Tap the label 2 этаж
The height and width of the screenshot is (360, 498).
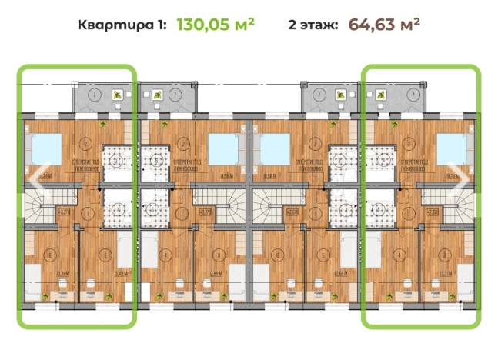313,24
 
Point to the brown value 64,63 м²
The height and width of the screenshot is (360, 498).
383,23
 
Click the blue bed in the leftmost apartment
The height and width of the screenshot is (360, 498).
45,145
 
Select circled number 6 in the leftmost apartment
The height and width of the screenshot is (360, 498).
50,255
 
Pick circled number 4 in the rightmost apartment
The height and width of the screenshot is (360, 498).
397,255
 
